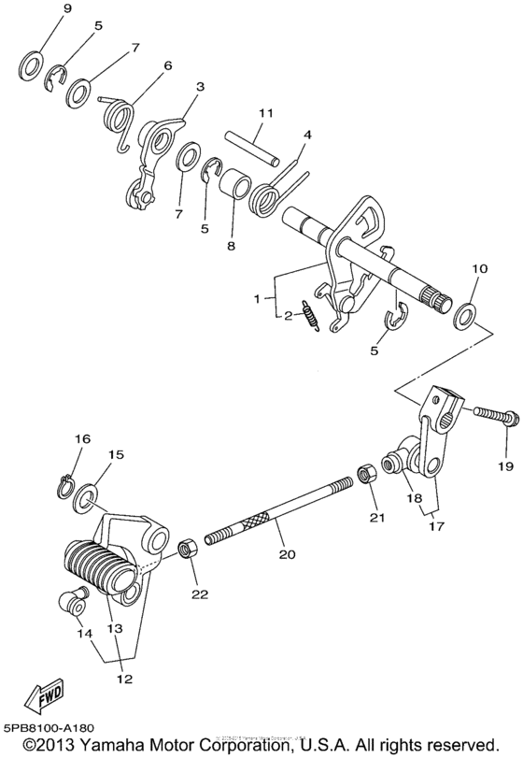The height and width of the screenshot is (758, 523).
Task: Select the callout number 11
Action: point(265,113)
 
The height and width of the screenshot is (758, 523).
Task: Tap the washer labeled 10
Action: point(465,313)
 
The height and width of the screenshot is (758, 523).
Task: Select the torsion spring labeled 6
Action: point(121,120)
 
